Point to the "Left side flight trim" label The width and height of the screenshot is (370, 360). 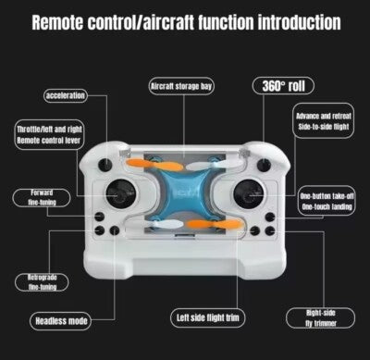208,318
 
